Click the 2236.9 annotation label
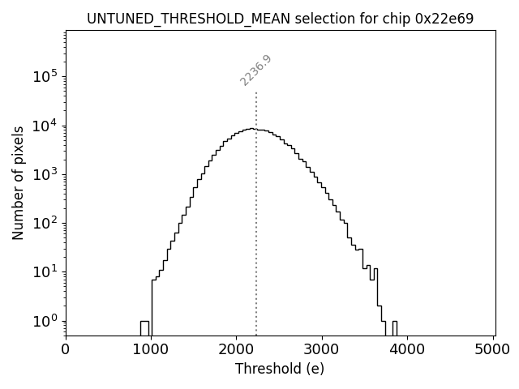coord(255,71)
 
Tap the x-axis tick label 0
coord(66,350)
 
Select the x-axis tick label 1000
coord(151,350)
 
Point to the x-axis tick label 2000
coord(237,350)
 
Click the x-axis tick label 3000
coord(322,350)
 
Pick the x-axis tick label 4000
coord(408,350)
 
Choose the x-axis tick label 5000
coord(493,350)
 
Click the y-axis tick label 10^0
coord(45,321)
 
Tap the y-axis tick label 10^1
coord(45,271)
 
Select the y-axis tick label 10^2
coord(45,223)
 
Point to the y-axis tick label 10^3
coord(45,174)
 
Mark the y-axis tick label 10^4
coord(45,126)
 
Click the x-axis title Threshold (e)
coord(280,369)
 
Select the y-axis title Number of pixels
coord(18,183)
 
